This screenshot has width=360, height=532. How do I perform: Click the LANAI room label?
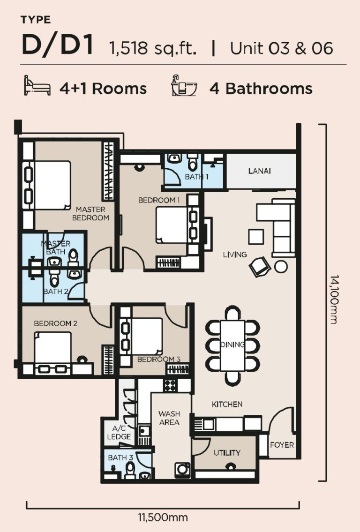point(259,171)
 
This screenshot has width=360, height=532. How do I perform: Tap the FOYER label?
point(282,444)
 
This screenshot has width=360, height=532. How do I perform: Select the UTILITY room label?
point(227,452)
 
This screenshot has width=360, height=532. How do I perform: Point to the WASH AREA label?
point(169,418)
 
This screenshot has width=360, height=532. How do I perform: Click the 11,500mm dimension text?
point(163,517)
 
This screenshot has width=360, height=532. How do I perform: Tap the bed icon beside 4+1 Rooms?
point(37,87)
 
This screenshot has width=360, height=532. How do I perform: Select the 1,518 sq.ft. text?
point(153,48)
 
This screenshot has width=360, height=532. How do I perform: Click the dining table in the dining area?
point(233,344)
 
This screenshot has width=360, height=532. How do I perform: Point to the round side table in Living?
point(281,267)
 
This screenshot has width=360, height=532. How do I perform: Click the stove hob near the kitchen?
point(169,385)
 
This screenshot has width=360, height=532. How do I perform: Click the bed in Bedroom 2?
point(52,347)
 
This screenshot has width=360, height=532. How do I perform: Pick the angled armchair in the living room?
point(259,267)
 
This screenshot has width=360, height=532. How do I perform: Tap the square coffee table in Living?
point(256,236)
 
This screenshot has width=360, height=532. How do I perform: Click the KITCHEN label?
point(227,404)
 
